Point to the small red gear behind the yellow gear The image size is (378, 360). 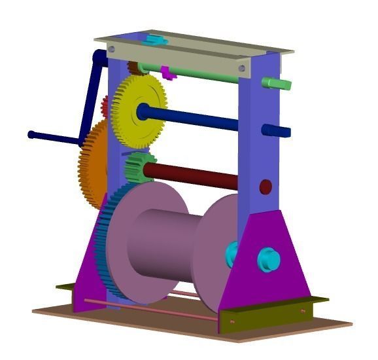(105, 104)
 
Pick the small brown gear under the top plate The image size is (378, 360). (133, 67)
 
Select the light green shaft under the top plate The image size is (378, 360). (203, 73)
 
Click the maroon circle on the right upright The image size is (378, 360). (266, 187)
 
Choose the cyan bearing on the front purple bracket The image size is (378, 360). (268, 259)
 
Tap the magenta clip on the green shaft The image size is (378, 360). (168, 72)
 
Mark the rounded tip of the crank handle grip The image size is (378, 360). (31, 135)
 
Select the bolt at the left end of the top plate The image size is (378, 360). (112, 49)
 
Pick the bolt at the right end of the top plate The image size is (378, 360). (243, 67)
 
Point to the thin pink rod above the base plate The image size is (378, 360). (150, 310)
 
